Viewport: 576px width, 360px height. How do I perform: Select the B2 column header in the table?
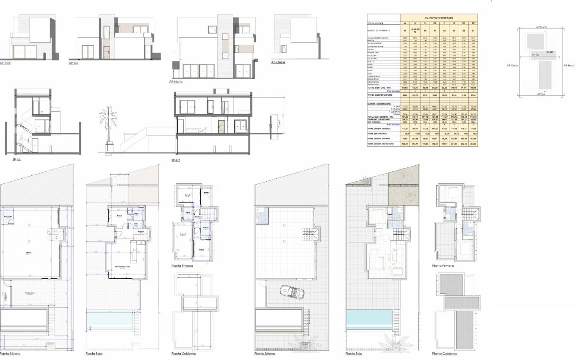(x=435, y=23)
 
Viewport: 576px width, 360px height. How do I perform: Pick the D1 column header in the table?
(x=464, y=23)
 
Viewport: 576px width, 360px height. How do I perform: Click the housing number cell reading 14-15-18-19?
(x=415, y=31)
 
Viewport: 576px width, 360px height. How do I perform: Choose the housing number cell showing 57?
(x=474, y=31)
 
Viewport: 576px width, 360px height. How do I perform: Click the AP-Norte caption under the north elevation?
(x=176, y=81)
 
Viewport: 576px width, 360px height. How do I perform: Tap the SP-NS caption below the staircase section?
(x=17, y=160)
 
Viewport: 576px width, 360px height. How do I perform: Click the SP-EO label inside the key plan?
(x=536, y=55)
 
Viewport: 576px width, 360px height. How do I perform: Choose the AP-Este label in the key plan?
(x=568, y=65)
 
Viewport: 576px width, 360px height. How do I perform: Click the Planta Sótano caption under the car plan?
(x=264, y=353)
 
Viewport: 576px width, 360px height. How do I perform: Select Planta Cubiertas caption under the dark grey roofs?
(x=444, y=353)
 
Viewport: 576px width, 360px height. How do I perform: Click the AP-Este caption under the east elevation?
(x=5, y=63)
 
